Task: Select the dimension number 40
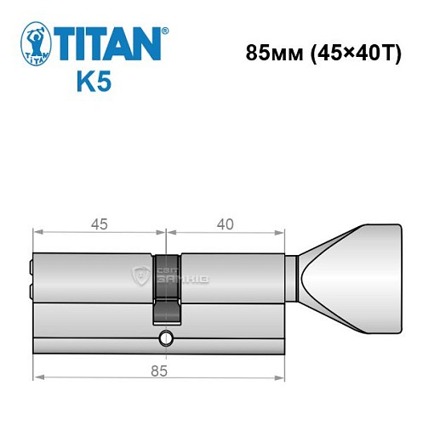coord(225,225)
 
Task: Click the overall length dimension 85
coord(157,370)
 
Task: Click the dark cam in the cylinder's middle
coord(167,289)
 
